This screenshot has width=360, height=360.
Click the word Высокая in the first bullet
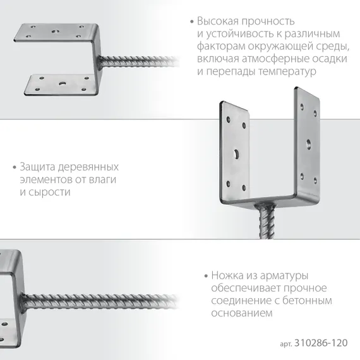216,21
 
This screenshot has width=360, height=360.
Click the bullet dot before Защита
15,167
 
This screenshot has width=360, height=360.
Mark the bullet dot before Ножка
205,276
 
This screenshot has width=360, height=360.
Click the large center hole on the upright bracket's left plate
235,153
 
